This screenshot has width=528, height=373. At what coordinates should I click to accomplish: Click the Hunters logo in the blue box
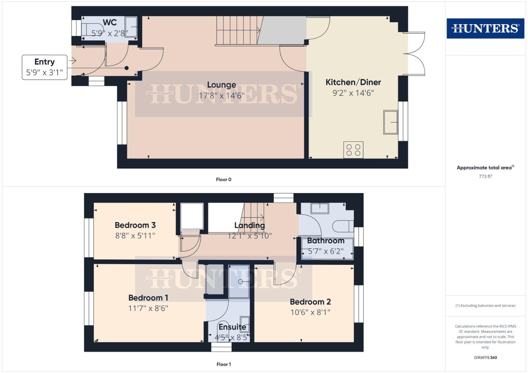[485, 28]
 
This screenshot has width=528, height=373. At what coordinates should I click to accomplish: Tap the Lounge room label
[222, 85]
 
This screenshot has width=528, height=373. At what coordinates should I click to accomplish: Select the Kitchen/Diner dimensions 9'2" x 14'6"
[353, 93]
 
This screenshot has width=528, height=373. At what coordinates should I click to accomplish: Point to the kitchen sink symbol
[391, 122]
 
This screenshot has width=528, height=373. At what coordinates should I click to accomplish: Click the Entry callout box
[45, 67]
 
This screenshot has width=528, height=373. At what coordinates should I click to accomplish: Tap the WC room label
[110, 22]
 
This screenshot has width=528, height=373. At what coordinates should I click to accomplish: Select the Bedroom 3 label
[135, 225]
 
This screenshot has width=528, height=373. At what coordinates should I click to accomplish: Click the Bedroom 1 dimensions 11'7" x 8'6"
[148, 308]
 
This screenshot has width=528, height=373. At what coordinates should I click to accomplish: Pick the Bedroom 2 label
[310, 302]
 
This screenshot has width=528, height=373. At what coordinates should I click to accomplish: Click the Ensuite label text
[232, 327]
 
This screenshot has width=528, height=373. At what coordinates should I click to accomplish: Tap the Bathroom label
[326, 241]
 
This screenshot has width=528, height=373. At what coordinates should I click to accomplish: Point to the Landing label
[249, 226]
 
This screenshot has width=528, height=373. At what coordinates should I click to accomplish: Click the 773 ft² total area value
[485, 176]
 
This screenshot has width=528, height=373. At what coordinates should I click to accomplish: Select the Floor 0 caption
[223, 180]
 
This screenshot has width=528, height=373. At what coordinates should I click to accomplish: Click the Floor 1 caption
[223, 364]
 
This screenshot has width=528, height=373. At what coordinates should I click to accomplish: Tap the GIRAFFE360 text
[485, 357]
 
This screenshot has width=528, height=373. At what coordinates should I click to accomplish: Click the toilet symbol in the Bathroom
[342, 227]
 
